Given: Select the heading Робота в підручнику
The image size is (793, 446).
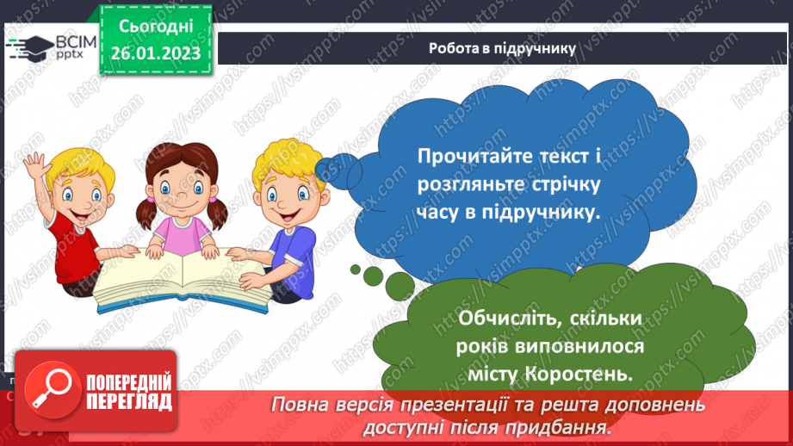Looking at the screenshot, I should click(x=502, y=48).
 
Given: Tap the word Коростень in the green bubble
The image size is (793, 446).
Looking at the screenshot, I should click(x=591, y=375).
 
